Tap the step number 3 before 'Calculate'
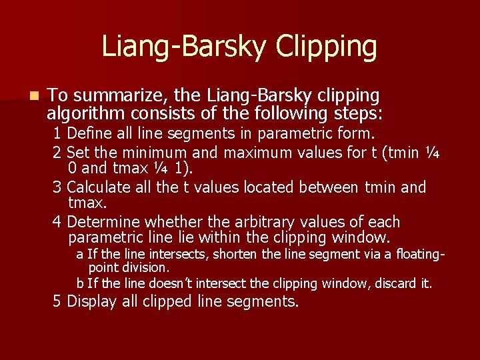tap(57, 187)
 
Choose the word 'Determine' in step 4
tap(104, 222)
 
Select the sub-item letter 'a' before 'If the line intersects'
tap(79, 255)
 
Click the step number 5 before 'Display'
tap(57, 301)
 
